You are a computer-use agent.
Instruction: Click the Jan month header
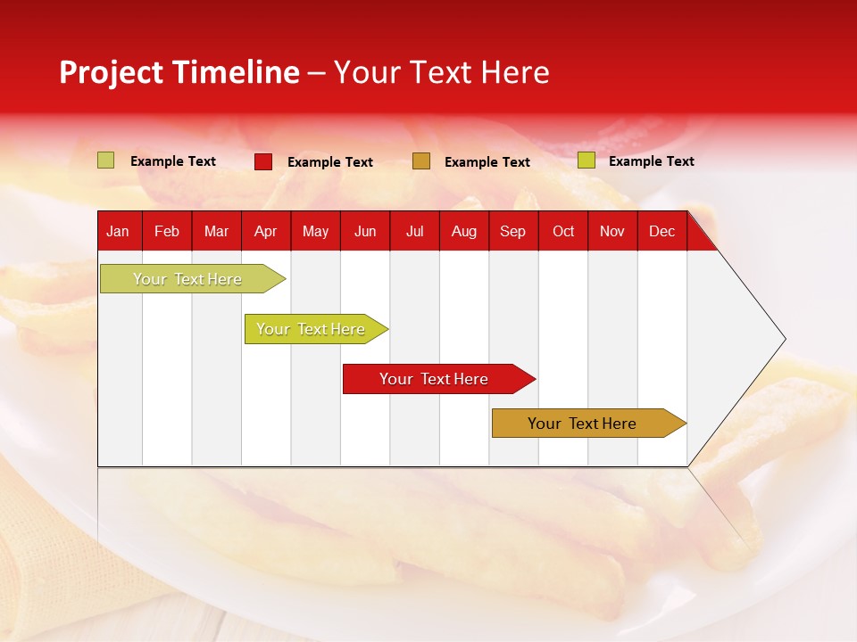[118, 231]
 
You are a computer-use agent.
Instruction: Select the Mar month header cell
[216, 231]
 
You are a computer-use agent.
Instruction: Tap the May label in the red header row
[315, 231]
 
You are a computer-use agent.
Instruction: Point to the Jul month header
[414, 231]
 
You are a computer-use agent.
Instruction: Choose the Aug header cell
[463, 231]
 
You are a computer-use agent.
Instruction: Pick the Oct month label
[562, 231]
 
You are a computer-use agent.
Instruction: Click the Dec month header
[661, 231]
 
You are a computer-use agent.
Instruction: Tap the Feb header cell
[167, 231]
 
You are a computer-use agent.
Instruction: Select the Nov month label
[612, 231]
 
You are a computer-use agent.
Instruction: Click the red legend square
[263, 161]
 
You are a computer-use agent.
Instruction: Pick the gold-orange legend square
[421, 161]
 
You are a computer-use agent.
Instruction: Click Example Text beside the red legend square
[329, 162]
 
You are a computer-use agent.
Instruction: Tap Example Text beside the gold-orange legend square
[487, 162]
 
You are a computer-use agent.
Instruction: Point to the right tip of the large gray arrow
[783, 339]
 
